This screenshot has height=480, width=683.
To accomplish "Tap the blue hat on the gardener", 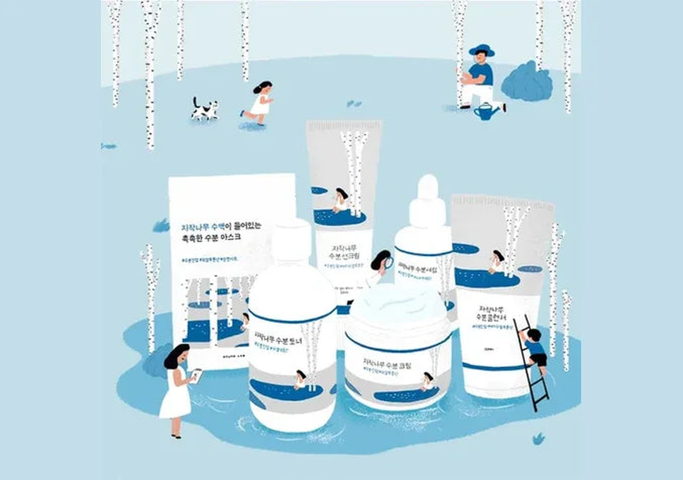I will click(482, 50).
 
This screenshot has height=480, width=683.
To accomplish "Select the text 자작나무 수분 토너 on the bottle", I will click(278, 337).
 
